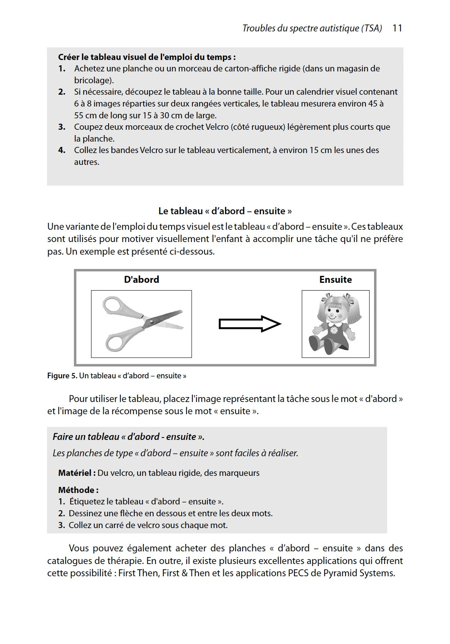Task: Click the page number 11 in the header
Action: coord(397,28)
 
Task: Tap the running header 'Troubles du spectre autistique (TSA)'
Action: coord(312,28)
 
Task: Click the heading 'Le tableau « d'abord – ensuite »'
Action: coord(225,211)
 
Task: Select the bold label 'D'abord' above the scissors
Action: coord(141,280)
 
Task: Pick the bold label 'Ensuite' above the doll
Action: coord(335,280)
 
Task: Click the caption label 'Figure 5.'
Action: coord(62,376)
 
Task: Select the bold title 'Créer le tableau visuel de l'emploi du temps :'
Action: coord(147,57)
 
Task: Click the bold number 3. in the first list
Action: coord(62,127)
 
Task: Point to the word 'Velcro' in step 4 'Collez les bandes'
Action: coord(152,150)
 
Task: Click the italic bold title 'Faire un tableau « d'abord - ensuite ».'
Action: coord(129,437)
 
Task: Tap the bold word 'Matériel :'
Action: coord(77,473)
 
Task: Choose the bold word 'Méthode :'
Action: coord(78,490)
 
